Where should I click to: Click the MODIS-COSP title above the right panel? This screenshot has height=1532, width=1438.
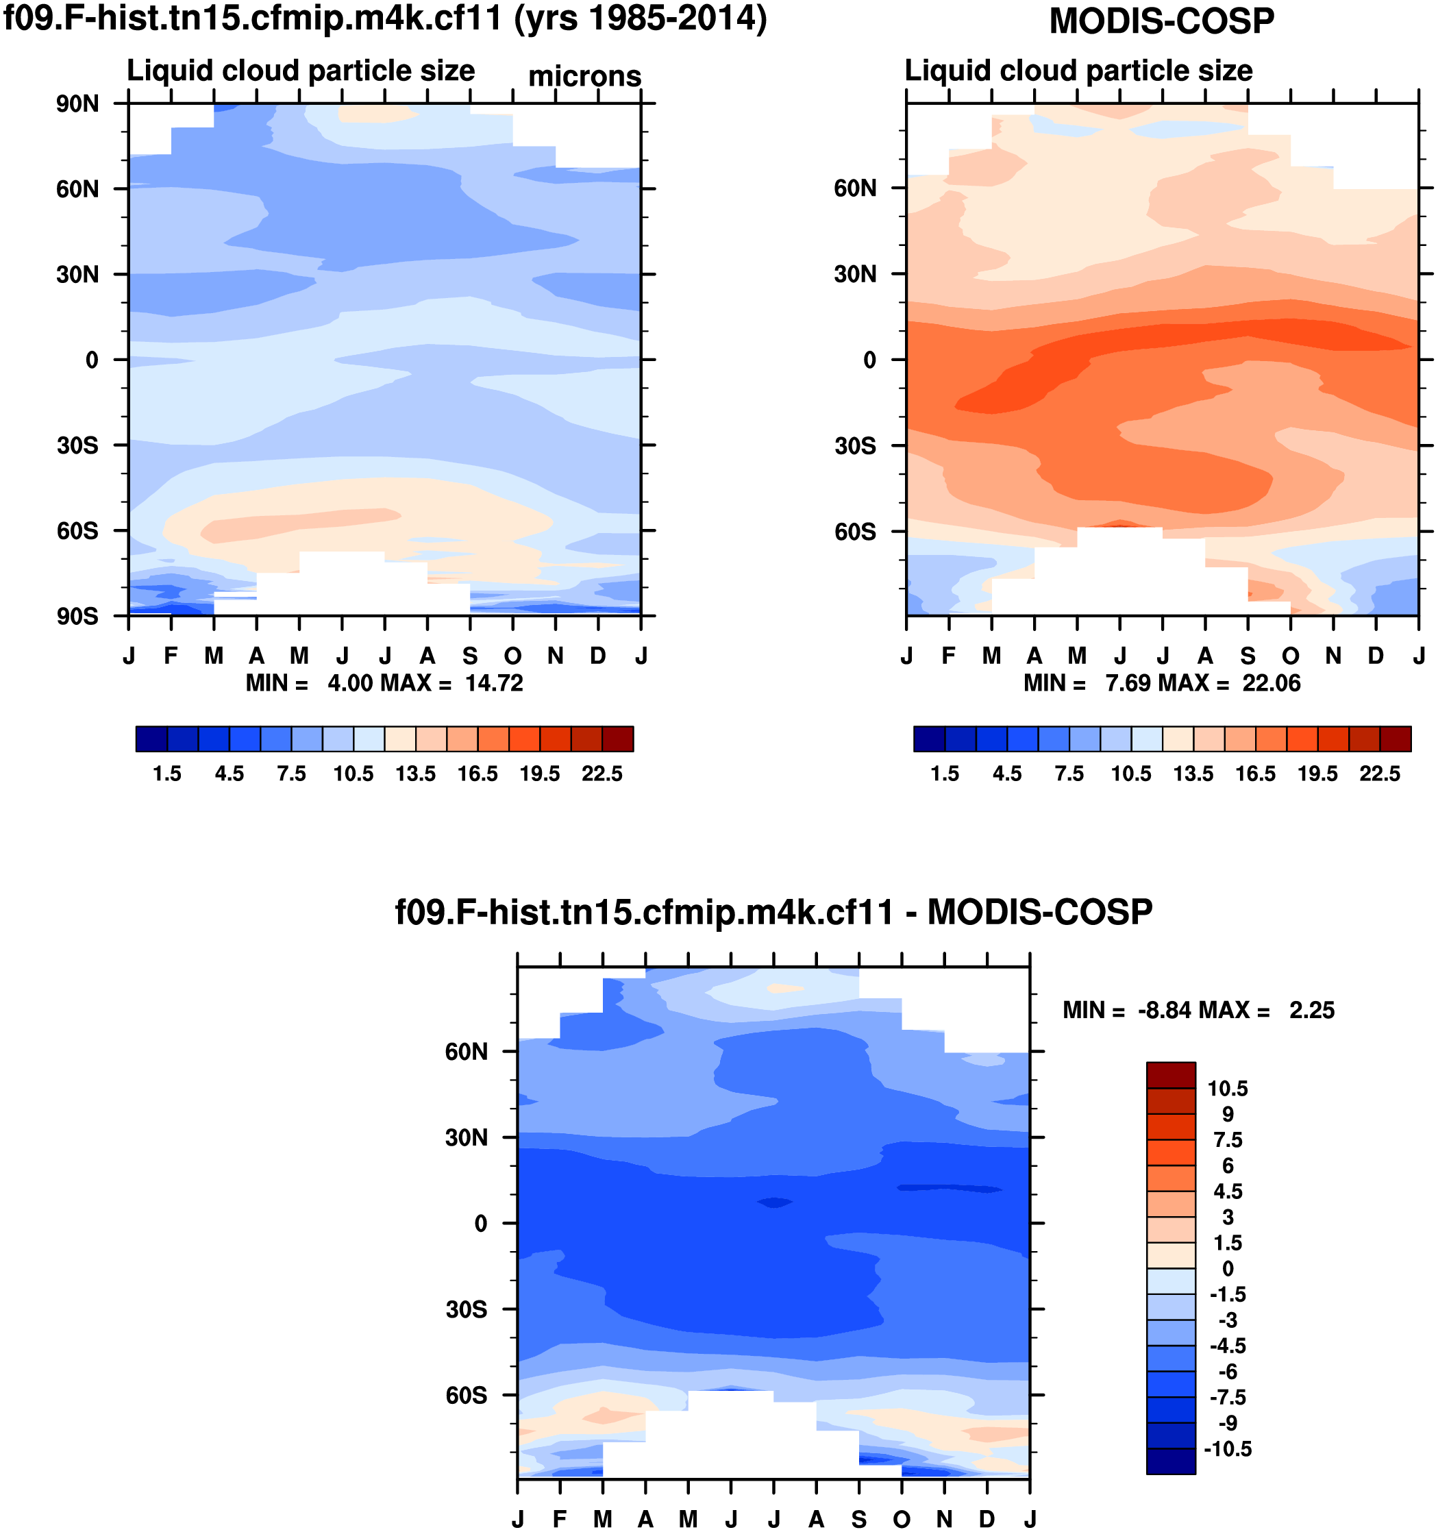coord(1161,21)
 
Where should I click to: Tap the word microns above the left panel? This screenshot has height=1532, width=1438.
coord(584,76)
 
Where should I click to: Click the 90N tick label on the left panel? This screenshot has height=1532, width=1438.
coord(77,104)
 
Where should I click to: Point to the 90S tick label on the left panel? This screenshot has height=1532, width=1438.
coord(77,617)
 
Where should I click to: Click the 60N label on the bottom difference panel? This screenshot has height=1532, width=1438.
coord(467,1052)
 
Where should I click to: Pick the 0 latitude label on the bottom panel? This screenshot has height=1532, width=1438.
coord(481,1224)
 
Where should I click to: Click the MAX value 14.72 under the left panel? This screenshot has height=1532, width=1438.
coord(494,684)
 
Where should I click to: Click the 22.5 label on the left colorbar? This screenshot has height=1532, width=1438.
coord(602,774)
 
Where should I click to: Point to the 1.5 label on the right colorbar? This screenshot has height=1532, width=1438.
coord(945,774)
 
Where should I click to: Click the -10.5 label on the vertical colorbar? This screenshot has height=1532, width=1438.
coord(1228,1449)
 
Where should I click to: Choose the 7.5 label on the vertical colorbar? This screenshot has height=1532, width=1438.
coord(1228,1140)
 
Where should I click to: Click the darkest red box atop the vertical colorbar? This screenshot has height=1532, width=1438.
coord(1171,1075)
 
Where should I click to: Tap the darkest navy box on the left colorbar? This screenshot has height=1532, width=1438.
coord(151,739)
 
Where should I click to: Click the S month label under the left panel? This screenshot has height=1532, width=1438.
coord(470,656)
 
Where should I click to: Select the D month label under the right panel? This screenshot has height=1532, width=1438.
coord(1376,656)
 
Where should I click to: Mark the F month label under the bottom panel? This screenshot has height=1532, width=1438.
coord(560,1519)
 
